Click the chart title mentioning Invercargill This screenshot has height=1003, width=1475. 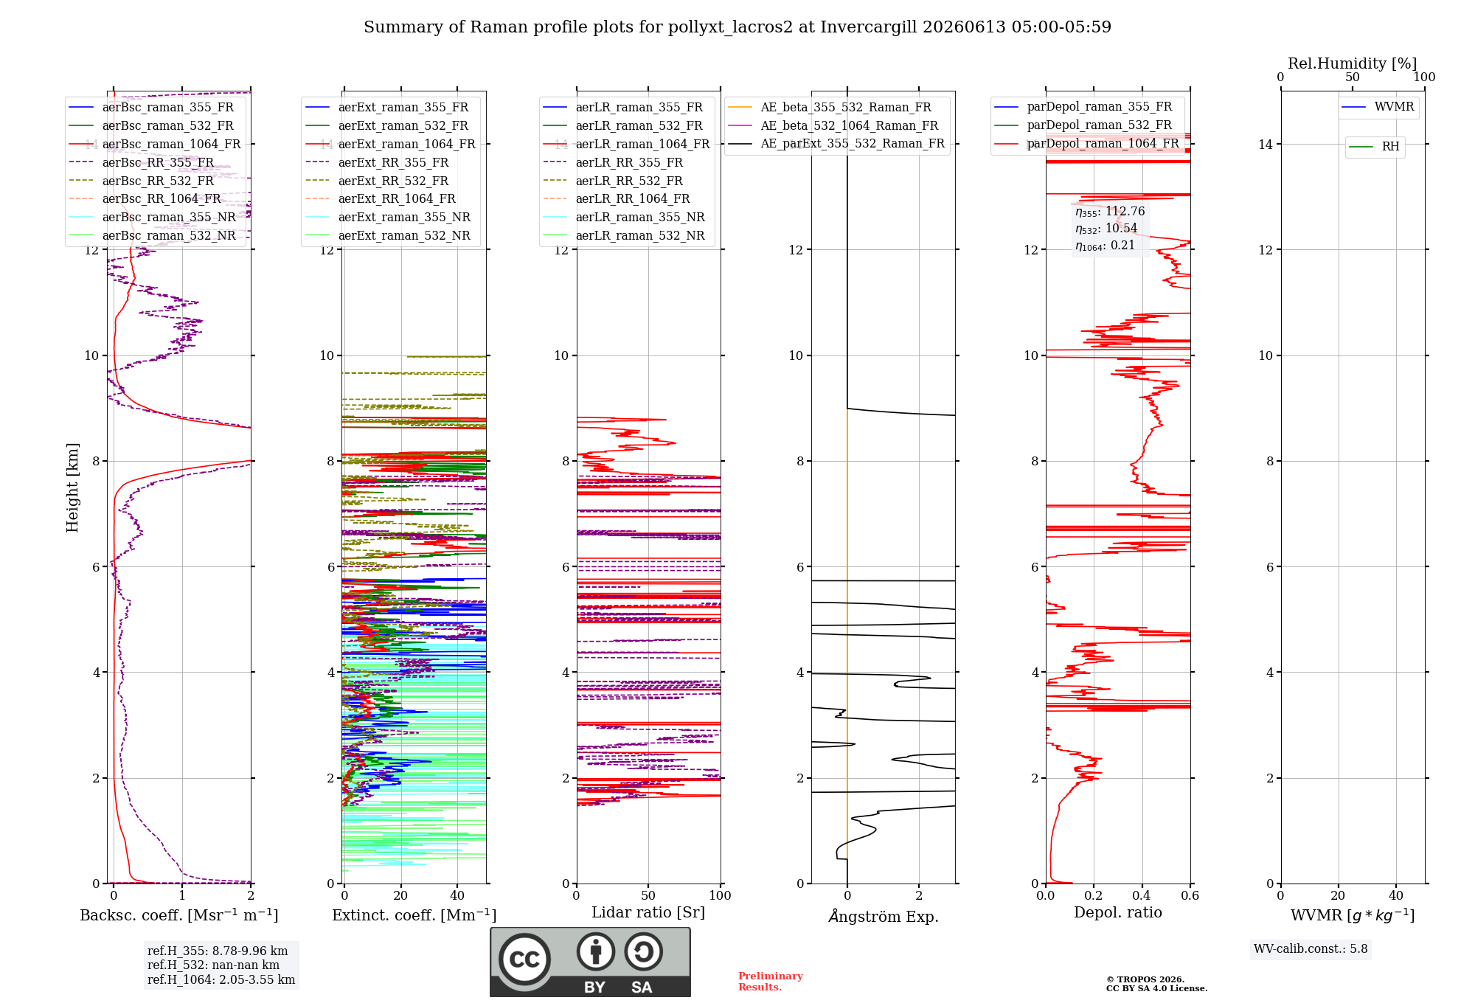point(737,27)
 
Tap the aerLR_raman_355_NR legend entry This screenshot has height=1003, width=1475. point(624,217)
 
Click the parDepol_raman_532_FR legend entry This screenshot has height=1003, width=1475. point(1083,125)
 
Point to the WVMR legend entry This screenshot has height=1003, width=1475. point(1378,107)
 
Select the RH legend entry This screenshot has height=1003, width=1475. point(1375,147)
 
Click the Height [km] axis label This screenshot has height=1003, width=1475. point(72,487)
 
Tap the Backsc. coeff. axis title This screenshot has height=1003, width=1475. point(179,915)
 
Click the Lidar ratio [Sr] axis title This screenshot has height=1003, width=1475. point(648,912)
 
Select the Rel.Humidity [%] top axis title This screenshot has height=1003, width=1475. point(1353,63)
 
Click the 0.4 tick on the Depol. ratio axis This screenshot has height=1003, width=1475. point(1142,895)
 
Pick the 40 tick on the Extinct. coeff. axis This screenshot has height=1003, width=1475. point(457,895)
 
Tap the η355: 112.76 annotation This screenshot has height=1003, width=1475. point(1110,212)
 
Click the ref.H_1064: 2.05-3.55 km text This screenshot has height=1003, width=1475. point(221,980)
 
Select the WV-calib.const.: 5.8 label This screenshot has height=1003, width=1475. point(1311,949)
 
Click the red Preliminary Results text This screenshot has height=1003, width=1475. point(771,982)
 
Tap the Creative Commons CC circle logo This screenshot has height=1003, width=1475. point(524,959)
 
